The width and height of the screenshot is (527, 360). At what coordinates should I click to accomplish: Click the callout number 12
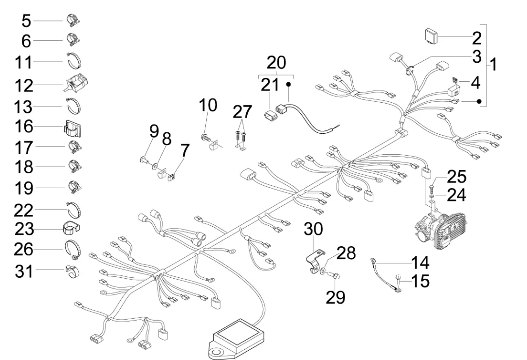[23, 86]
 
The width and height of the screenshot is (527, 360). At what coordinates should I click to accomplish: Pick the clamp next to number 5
[73, 20]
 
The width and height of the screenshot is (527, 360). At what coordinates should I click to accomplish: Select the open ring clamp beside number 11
[73, 62]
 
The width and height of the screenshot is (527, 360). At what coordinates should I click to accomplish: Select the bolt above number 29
[336, 276]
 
